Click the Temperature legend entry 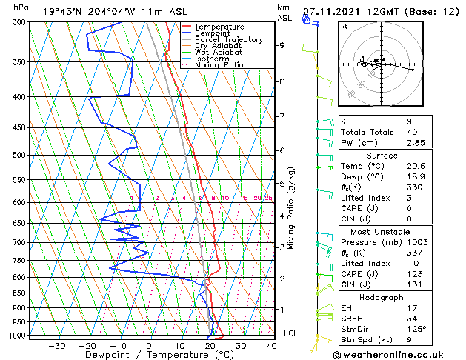[x=219, y=27]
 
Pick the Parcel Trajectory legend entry [x=228, y=40]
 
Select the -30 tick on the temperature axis [x=56, y=345]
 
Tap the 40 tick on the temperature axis [x=270, y=345]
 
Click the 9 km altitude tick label [x=282, y=45]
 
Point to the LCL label [x=291, y=333]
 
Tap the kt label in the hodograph [x=344, y=26]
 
